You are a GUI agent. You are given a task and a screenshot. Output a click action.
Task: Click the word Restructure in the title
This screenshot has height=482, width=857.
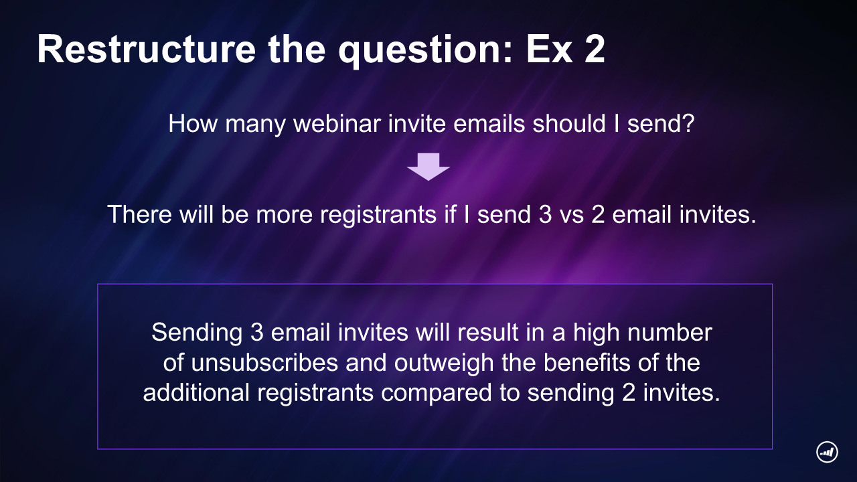click(146, 49)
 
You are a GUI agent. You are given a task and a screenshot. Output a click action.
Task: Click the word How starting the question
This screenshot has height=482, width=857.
click(193, 123)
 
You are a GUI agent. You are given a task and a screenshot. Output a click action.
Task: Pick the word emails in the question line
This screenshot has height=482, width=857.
click(489, 123)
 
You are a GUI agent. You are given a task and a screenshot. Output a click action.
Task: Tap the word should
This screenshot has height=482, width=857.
click(569, 123)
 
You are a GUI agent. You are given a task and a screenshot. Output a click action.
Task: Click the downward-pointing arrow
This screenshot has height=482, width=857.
click(428, 167)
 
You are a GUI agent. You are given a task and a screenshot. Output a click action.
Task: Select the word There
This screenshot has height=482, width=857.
click(140, 214)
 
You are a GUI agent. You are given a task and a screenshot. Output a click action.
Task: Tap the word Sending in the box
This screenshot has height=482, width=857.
click(197, 332)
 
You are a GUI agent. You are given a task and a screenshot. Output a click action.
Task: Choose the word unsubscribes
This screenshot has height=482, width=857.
click(264, 362)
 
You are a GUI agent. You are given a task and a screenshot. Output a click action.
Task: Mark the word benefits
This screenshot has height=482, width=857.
click(587, 362)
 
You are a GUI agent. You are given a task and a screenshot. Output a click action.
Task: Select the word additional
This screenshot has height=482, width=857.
click(196, 392)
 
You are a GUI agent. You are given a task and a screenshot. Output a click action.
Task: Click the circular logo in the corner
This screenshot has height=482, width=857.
click(827, 452)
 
